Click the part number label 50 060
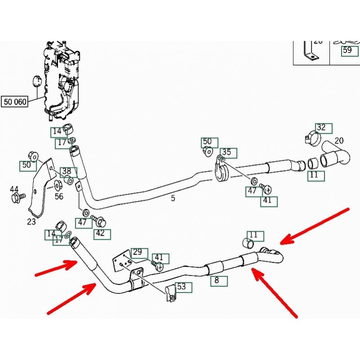coord(15,102)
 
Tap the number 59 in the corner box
coord(347,50)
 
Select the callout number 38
coord(67,171)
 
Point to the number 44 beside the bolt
coord(14,189)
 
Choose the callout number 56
coord(59,196)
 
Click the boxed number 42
coord(100,233)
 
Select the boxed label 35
coord(226,153)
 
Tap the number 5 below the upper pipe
coord(173,198)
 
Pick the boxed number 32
coord(321,127)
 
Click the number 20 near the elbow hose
coord(339,141)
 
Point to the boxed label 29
coord(137,252)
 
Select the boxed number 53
coord(181,286)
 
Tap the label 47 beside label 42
coord(81,222)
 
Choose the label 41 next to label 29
coord(161,258)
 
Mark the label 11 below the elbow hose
coord(314,175)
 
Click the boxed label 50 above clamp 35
coord(207,143)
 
